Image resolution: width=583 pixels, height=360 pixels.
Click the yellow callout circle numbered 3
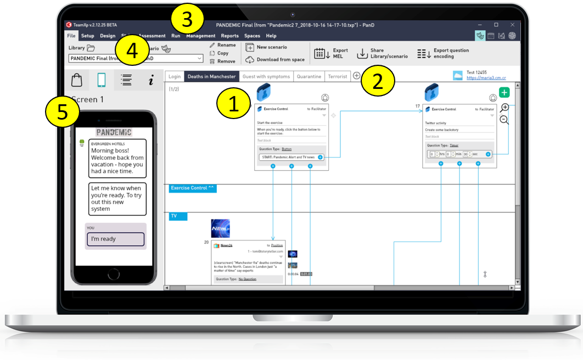[187, 20]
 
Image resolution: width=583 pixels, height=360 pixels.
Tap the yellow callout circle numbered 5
[61, 113]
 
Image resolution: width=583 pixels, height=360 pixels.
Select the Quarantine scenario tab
[309, 77]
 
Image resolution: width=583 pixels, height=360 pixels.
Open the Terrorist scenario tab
[337, 77]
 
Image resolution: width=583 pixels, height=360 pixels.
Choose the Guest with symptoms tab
[266, 77]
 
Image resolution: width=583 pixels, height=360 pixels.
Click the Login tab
[175, 77]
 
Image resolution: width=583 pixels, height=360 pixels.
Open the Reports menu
[229, 36]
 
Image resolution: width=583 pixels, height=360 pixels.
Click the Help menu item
[271, 36]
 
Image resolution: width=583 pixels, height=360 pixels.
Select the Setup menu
[87, 36]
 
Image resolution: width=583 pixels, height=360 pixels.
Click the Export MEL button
[331, 53]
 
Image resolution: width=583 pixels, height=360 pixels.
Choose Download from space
[276, 60]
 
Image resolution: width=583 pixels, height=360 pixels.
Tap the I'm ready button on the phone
[115, 239]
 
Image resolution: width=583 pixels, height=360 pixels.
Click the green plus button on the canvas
[504, 93]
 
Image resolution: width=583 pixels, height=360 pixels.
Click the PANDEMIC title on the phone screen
[114, 132]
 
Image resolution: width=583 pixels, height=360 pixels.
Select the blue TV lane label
[178, 216]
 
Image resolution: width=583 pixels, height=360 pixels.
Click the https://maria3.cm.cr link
[486, 78]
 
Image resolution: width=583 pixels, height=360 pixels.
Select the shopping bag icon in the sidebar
[77, 80]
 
